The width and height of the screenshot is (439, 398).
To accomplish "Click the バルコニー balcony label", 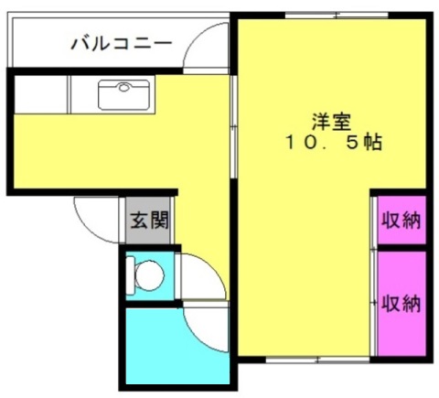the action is point(122,43).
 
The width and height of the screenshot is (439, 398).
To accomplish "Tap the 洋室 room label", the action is point(332,122).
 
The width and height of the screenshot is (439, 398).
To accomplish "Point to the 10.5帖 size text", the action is point(333,142).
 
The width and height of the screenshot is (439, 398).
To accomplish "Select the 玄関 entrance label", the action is point(149,221).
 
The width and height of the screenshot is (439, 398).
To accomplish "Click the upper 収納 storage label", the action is point(402,220).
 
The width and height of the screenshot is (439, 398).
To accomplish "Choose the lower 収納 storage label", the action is point(402,304).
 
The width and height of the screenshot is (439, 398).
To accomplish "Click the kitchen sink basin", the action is point(123,95).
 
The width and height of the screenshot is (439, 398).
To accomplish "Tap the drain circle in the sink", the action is point(123,88).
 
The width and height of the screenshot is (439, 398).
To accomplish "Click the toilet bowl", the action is point(149,275).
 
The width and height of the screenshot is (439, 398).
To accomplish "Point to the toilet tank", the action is point(130,275).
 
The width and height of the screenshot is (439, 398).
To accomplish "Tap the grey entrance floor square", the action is point(148,221).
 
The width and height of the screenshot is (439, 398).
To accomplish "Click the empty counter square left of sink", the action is point(40,94).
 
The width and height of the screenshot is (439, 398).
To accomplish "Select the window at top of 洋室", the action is point(337,16).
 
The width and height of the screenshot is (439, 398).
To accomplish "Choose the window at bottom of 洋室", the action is point(317,360).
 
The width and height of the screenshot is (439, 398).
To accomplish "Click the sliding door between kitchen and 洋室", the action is point(234,126).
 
